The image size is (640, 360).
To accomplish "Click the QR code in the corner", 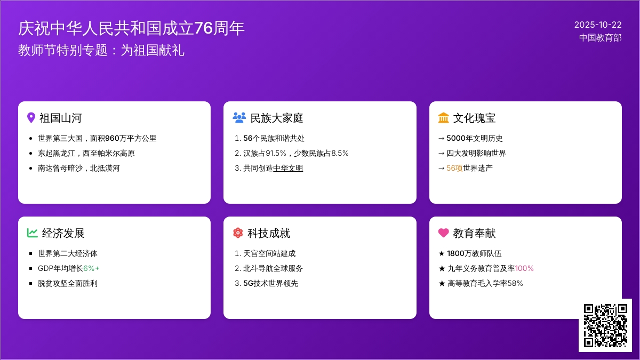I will coord(605,325).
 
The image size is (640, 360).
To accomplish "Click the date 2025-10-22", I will coord(598,25).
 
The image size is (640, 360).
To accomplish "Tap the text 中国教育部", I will coord(601,38).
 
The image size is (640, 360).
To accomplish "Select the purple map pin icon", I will coord(31,118).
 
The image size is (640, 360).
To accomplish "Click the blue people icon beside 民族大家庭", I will coord(239,118).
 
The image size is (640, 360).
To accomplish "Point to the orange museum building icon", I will coord(444,118).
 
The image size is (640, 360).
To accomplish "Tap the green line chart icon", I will coord(33,233).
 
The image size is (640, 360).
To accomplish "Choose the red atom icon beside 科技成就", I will coord(238,233).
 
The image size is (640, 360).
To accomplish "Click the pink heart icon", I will coord(444,233).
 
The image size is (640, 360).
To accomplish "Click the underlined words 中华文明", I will coord(288,168).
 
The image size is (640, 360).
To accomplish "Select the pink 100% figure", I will coord(524,268).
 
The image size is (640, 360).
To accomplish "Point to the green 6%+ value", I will coord(91,268).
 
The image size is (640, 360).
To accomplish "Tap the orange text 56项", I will coord(454,168).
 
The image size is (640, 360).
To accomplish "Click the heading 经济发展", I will coord(63,233).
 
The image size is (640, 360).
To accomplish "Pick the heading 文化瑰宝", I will coord(475,118).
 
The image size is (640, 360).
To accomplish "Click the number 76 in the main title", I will coord(204,28).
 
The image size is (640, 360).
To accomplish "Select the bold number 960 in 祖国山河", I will coord(113,138).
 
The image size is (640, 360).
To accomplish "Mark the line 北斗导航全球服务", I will coord(273,268).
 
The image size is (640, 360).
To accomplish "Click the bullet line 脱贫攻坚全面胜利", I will coord(68,283).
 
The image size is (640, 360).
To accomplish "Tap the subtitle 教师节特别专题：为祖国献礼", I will coord(101,50).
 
